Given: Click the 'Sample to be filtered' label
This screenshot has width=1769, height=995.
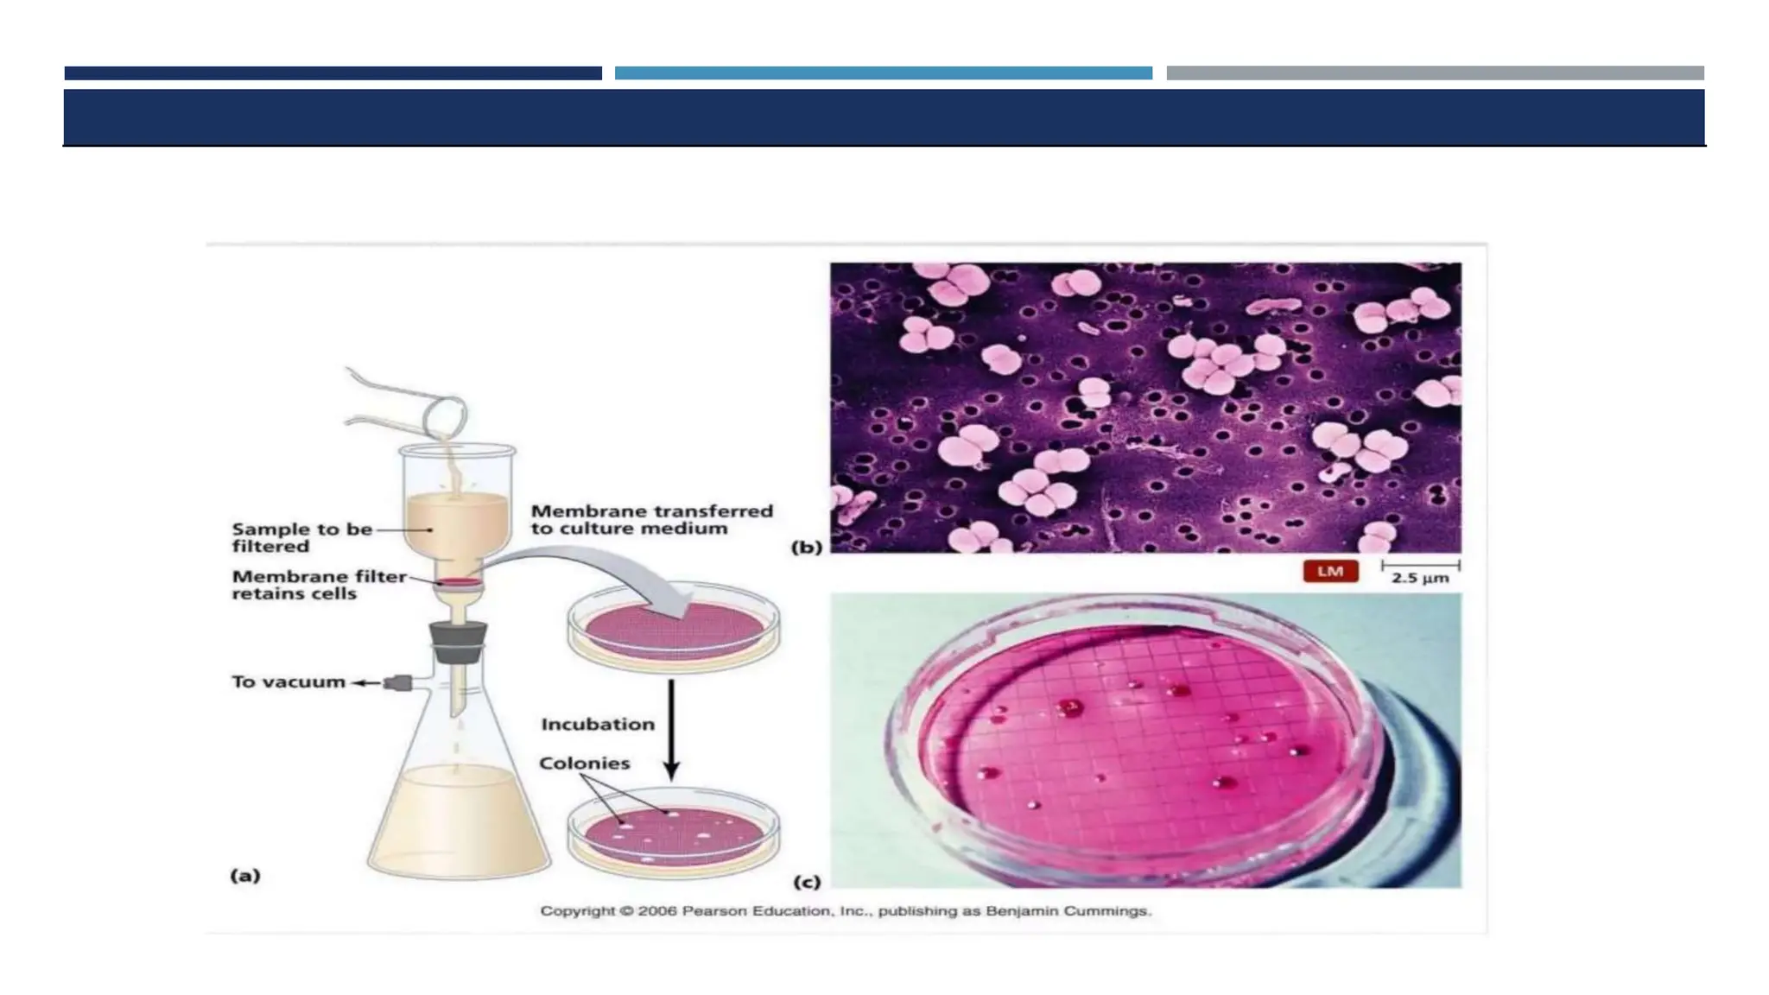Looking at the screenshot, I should coord(301,537).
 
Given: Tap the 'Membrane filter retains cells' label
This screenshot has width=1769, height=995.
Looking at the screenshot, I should coord(319,585).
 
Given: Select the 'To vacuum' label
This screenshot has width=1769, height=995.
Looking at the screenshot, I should coord(288,682).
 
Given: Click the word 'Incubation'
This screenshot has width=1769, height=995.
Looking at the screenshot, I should coord(598,725).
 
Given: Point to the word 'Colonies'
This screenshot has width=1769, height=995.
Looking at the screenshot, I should coord(585,764).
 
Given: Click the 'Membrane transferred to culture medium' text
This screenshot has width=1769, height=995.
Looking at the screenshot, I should coord(651,520).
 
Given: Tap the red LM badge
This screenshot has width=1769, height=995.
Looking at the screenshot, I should coord(1330,571).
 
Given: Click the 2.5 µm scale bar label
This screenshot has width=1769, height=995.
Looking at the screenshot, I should coord(1420,578).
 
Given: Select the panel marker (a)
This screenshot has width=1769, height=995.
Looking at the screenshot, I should coord(245,876).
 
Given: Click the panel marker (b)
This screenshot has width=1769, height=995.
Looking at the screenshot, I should coord(807,547).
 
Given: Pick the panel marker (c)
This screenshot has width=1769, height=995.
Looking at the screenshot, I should coord(807,882).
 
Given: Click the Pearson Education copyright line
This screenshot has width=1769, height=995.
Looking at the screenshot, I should coord(846,911).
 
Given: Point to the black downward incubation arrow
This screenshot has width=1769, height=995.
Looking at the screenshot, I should coord(671,730).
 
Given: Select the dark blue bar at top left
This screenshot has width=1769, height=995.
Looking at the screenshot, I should coord(333,73).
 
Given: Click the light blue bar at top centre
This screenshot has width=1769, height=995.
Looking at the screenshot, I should coord(883,73).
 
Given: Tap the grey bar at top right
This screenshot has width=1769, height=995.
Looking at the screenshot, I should coord(1435,73).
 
